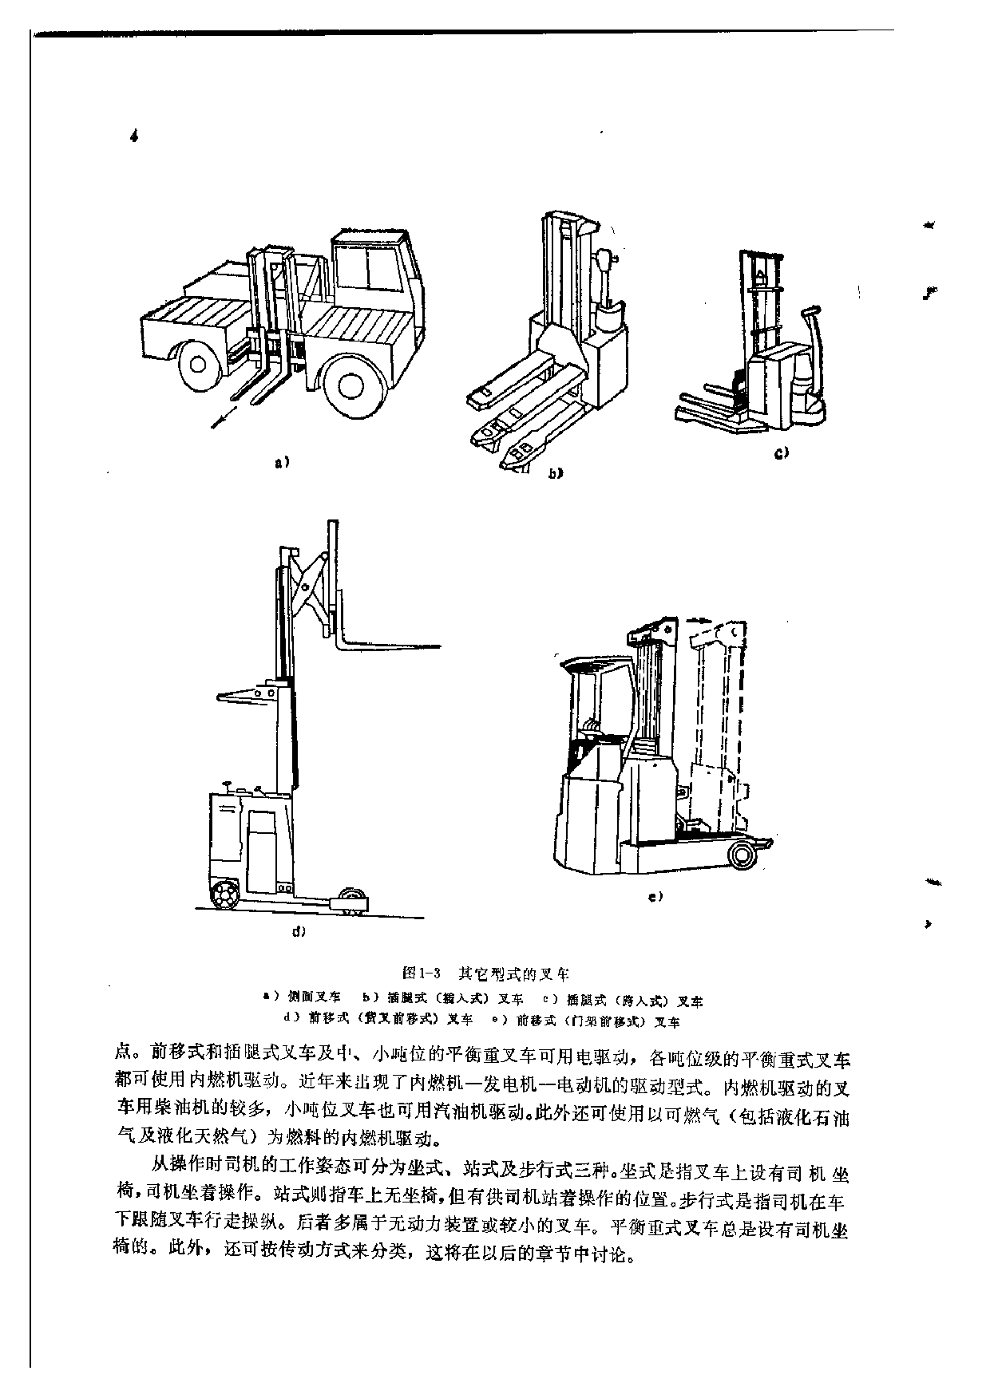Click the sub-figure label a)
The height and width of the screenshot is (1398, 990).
(x=281, y=461)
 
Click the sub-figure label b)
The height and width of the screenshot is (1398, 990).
(x=554, y=473)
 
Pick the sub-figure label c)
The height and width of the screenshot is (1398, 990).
(x=781, y=453)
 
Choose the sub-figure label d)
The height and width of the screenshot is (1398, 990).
(x=299, y=931)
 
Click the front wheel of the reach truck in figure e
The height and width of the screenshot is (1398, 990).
(x=742, y=855)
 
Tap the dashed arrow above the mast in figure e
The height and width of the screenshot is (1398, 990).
(x=696, y=618)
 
